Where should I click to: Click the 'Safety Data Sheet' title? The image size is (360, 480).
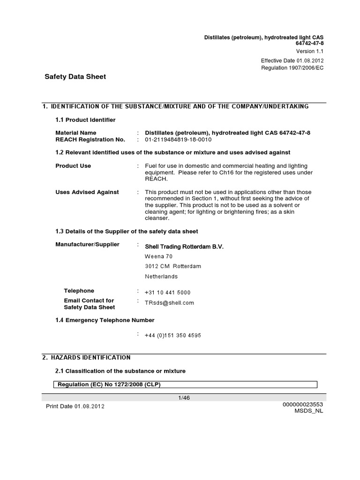point(75,76)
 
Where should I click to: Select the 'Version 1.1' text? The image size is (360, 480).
point(309,52)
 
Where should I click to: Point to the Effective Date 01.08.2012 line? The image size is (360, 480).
point(292,61)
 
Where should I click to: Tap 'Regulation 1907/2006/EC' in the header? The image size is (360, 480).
point(292,68)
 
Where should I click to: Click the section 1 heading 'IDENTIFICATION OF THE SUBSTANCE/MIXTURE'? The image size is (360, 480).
point(175,106)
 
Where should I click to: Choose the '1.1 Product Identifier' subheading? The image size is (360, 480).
point(85,120)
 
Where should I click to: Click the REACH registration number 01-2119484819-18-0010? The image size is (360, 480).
point(178,140)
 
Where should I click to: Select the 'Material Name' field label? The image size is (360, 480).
point(76,133)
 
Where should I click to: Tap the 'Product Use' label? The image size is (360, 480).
point(73,166)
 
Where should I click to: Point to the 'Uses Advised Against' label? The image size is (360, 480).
point(87,192)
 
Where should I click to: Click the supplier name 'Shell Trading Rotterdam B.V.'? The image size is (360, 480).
point(184,247)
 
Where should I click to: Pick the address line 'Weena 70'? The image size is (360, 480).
point(158,256)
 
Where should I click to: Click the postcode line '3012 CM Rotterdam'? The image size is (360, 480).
point(173,266)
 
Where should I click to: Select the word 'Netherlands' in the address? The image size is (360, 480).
point(161,277)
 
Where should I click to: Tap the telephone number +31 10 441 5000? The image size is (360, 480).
point(168,292)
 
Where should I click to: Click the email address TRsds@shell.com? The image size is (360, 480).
point(169,303)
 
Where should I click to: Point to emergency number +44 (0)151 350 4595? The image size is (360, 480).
point(173,336)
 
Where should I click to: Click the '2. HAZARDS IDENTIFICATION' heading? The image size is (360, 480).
point(86,357)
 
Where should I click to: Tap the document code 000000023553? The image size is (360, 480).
point(303,404)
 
